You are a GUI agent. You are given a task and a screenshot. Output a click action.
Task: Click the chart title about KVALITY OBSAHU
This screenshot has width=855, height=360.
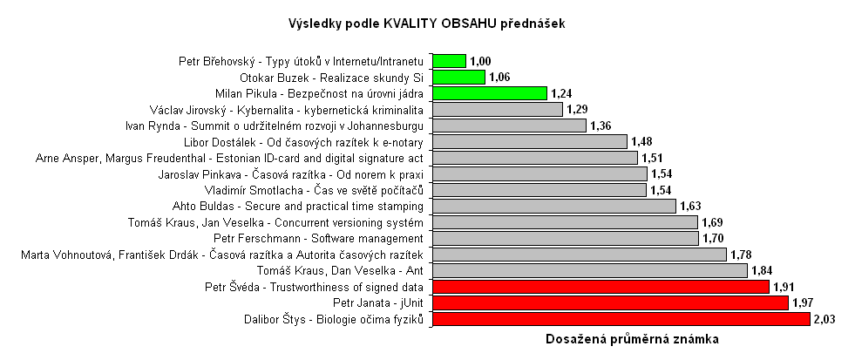point(426,24)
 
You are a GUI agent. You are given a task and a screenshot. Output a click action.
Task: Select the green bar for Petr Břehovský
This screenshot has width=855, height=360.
point(449,61)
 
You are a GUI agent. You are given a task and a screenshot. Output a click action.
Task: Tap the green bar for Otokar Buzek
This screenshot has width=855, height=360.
point(458,77)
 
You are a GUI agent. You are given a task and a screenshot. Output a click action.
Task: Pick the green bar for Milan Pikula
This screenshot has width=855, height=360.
point(489,93)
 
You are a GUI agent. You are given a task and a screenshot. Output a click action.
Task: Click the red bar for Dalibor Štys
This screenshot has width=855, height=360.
point(621,320)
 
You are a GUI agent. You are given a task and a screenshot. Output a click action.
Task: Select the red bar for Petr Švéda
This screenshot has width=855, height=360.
point(601,287)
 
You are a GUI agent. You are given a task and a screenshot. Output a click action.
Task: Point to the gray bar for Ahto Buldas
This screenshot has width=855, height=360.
point(553,207)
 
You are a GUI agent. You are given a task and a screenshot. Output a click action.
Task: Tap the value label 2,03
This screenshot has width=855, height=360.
point(824,320)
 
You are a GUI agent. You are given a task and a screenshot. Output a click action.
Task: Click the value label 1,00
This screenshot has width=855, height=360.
point(481,61)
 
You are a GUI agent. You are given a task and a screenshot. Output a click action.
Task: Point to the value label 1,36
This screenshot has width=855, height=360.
point(601,126)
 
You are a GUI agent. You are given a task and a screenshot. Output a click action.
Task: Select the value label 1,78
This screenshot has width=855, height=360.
point(742,255)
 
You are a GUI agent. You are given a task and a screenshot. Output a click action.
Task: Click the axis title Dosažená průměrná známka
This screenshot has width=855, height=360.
point(632,339)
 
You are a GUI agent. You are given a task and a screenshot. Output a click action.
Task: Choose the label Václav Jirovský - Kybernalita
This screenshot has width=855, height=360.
point(288,109)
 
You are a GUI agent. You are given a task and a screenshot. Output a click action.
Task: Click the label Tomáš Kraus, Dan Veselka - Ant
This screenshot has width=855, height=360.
point(348,271)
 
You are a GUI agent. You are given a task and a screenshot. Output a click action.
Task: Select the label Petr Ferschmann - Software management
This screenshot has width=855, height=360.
point(318,239)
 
